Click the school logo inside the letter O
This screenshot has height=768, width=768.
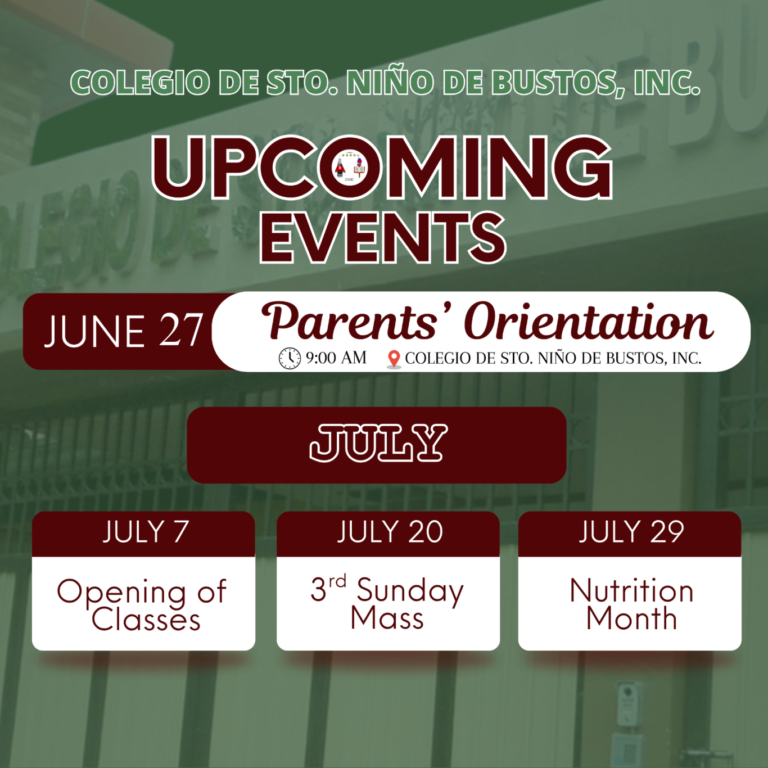[349, 168]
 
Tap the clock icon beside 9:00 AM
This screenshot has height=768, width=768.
[290, 358]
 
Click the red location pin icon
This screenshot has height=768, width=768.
[394, 359]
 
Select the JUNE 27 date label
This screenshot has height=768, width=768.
[124, 331]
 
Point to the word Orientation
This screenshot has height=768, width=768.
[589, 322]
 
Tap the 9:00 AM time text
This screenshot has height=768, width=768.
[336, 358]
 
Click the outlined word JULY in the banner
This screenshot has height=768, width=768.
[378, 443]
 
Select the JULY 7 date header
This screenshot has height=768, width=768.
[145, 532]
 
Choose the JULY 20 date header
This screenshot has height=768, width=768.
[390, 532]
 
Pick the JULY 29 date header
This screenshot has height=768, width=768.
[631, 532]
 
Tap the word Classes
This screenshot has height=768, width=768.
[146, 620]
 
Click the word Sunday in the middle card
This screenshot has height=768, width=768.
[410, 592]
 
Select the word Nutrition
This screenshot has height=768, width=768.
[631, 590]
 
